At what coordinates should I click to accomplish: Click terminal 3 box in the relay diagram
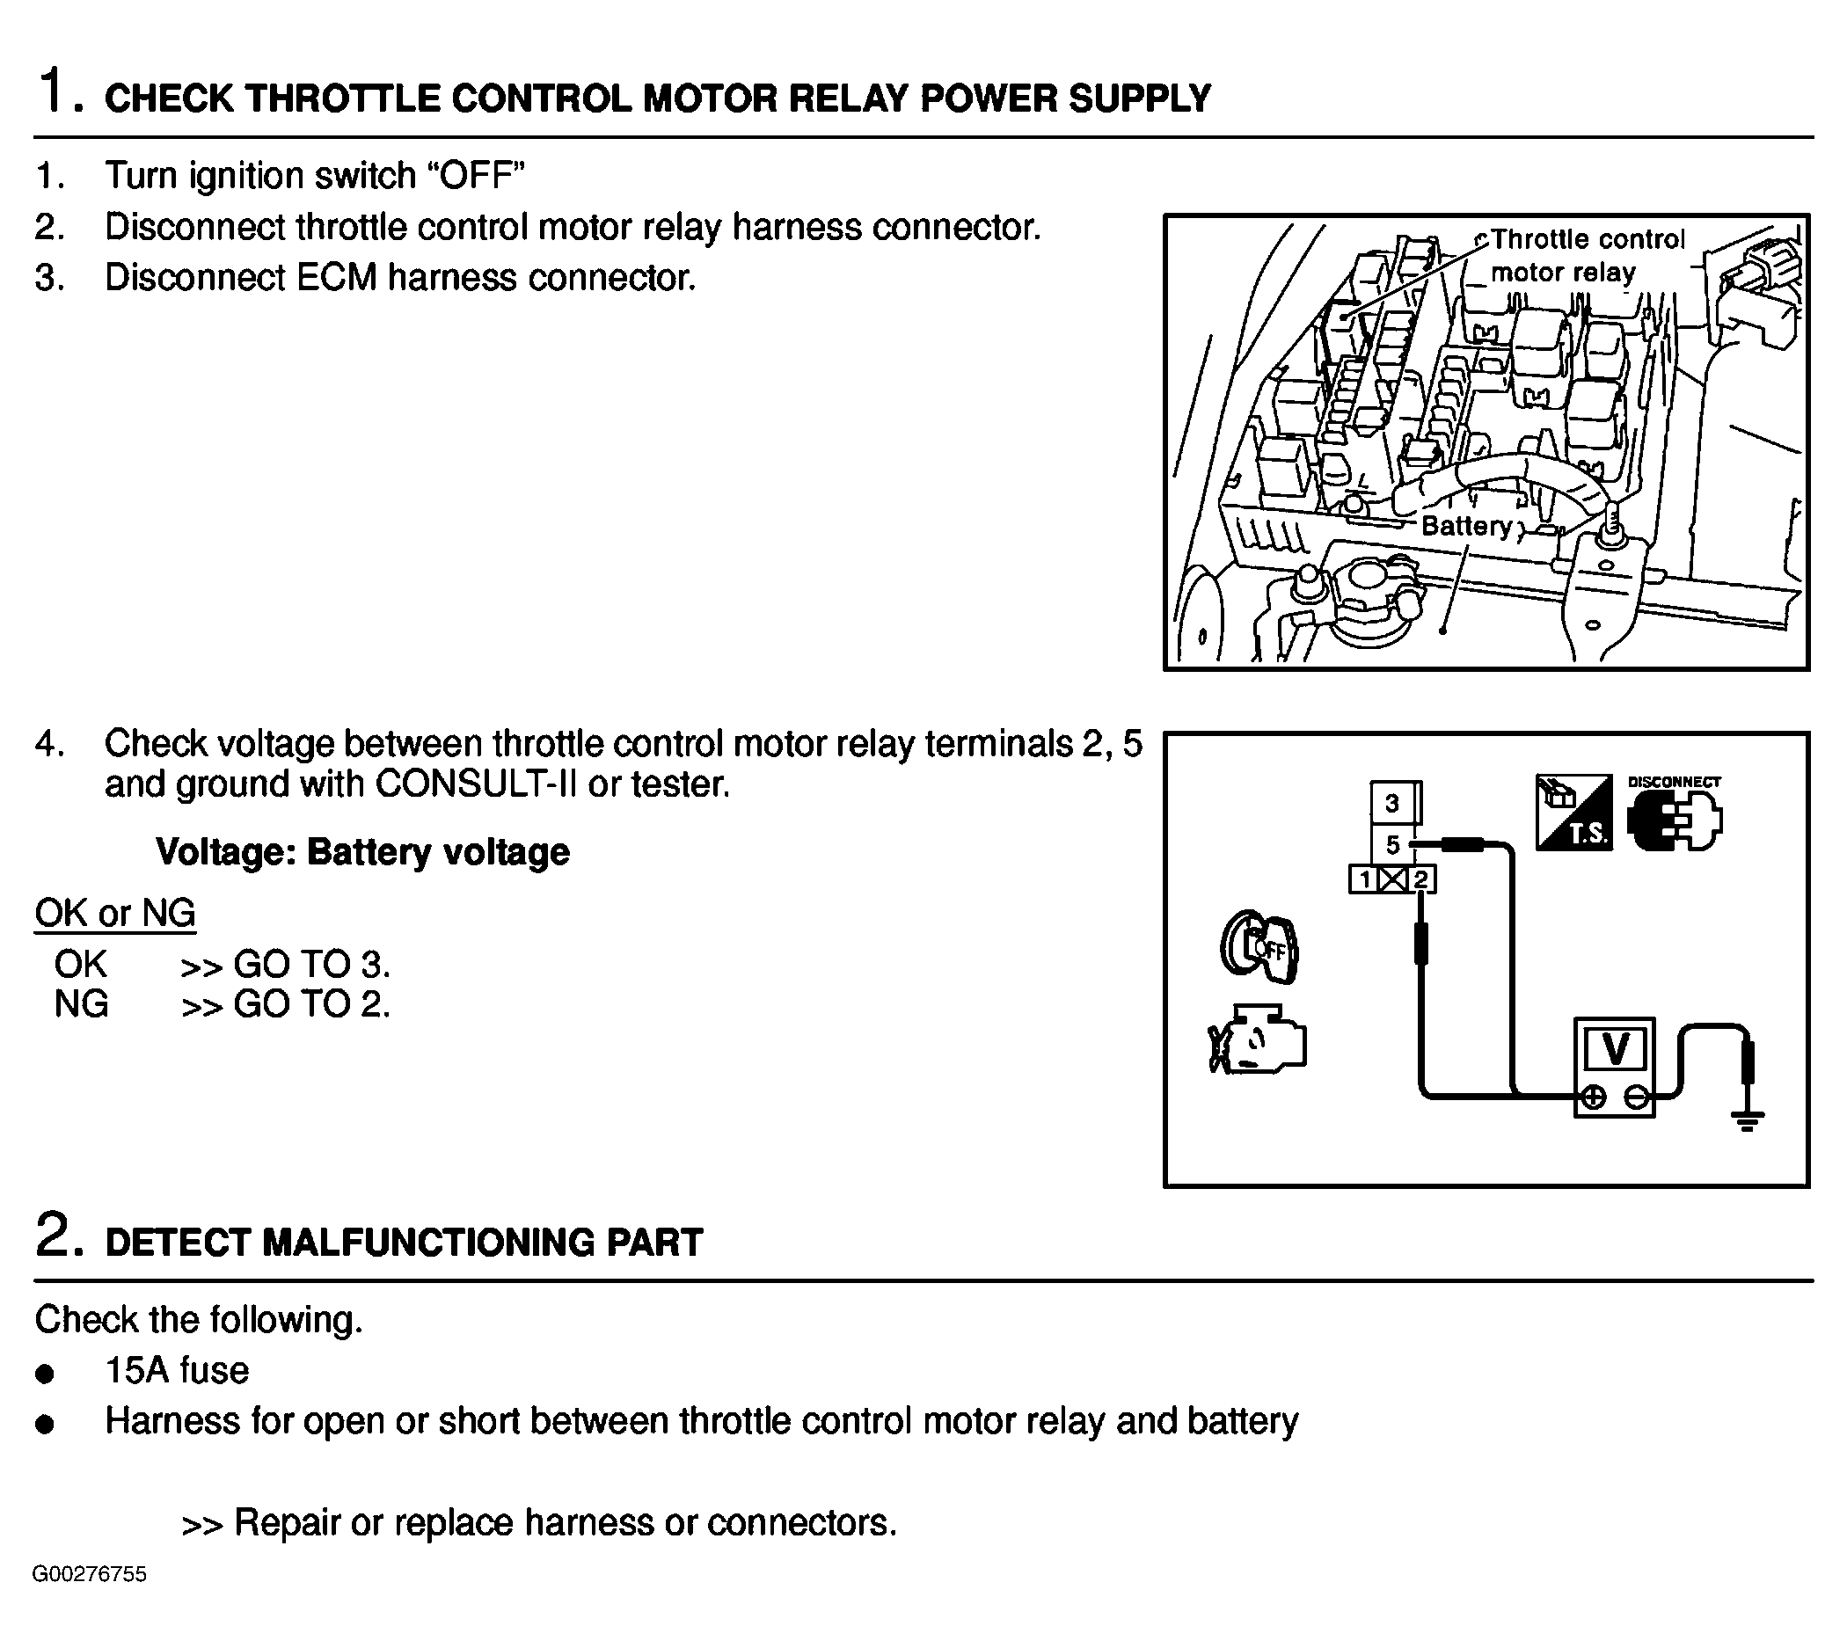coord(1392,803)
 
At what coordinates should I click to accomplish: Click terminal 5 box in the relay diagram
coord(1392,845)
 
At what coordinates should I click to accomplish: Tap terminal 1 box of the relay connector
coord(1364,879)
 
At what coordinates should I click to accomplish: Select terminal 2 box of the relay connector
coord(1421,879)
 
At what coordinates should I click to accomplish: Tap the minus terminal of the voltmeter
coord(1636,1097)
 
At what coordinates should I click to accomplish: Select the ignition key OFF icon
coord(1259,947)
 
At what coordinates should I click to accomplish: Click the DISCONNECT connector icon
coord(1674,815)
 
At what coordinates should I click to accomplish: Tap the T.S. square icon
coord(1573,813)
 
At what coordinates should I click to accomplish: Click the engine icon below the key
coord(1258,1039)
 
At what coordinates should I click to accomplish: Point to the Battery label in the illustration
coord(1466,526)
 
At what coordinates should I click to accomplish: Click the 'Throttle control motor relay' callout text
coord(1587,255)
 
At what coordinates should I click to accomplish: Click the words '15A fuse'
coord(177,1371)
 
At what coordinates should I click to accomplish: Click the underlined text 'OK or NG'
coord(115,913)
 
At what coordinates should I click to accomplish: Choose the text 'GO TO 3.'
coord(311,965)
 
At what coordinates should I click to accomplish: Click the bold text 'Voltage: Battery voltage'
coord(362,852)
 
